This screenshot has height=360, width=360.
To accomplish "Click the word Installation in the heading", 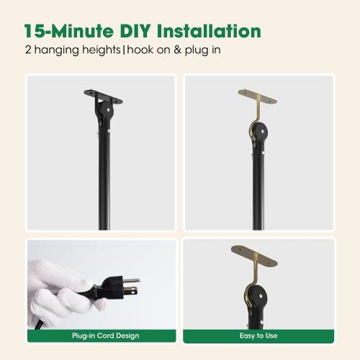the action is coord(209,31).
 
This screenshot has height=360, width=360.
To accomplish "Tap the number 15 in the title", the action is coord(35,31).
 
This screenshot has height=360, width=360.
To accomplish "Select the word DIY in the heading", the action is coord(135,31).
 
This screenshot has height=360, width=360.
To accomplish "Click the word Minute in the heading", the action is coord(82,31).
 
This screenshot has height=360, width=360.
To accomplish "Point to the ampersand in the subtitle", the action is coord(178,50).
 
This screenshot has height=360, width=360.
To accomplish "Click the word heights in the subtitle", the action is coord(101,50).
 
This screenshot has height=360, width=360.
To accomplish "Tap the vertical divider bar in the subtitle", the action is coord(124,50).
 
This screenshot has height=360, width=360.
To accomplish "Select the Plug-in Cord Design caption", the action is coord(106,336).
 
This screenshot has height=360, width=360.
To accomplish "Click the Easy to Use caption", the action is coord(258,336).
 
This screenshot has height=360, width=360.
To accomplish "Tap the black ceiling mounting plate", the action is coord(103,96).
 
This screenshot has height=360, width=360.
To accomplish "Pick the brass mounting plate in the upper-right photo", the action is coord(258,96).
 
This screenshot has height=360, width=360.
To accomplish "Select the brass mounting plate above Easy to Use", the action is coord(254,256).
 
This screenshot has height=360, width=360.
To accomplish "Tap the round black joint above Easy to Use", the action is coord(257,297).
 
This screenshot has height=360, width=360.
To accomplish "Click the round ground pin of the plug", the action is coord(132,280).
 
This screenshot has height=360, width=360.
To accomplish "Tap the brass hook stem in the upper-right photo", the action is coord(258,108).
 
